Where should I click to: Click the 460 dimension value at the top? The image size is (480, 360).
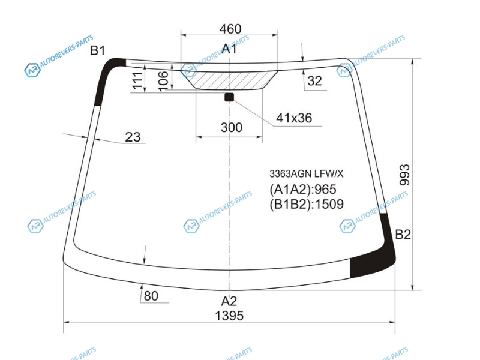pyautogui.click(x=230, y=29)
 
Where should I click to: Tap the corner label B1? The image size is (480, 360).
pyautogui.click(x=98, y=50)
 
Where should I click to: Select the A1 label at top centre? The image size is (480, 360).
pyautogui.click(x=229, y=49)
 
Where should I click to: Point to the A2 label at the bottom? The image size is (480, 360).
pyautogui.click(x=229, y=301)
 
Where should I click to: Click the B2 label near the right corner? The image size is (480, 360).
pyautogui.click(x=403, y=235)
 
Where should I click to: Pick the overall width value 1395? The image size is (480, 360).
pyautogui.click(x=229, y=316)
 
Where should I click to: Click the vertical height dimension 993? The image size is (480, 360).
pyautogui.click(x=404, y=175)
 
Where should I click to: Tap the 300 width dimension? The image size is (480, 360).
pyautogui.click(x=232, y=127)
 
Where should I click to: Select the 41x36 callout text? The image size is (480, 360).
pyautogui.click(x=294, y=118)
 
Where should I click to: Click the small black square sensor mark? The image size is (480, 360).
pyautogui.click(x=229, y=97)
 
